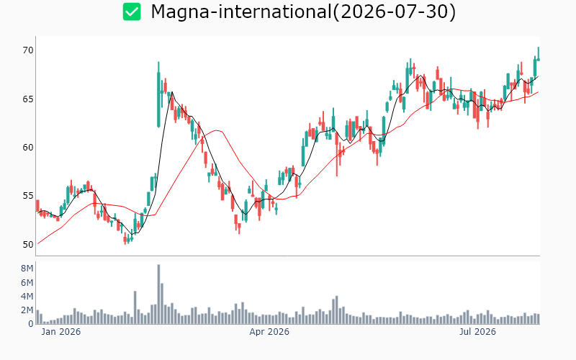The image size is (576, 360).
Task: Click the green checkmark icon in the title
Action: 132,12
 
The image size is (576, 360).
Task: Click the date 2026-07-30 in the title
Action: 394,12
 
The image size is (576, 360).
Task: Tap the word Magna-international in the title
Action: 241,12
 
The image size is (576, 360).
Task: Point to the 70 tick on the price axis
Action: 28,50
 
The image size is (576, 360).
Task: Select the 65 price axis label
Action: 28,99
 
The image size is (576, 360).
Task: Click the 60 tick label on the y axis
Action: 28,148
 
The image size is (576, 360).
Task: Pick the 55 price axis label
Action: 28,196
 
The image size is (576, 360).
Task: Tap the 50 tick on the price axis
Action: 28,245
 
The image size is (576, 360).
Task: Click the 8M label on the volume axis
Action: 27,269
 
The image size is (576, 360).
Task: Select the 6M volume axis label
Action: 27,282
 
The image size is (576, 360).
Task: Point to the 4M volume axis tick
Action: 27,297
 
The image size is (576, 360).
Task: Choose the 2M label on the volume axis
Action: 27,310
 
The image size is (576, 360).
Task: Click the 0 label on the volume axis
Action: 31,324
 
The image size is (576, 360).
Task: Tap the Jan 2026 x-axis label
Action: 61,332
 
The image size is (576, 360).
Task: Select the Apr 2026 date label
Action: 269,332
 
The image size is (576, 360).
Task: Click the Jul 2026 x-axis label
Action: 477,332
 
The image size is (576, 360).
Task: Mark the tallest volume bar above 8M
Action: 158,294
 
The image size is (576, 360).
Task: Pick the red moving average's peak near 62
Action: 218,130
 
